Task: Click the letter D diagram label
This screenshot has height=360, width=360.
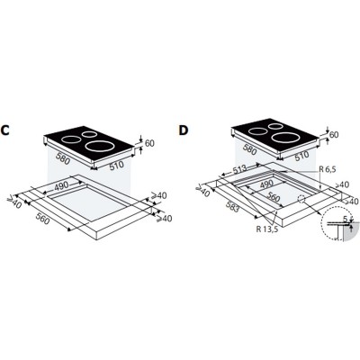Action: [183, 130]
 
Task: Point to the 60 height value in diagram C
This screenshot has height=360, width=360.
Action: [149, 143]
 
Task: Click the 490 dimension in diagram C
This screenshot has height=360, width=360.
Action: [61, 187]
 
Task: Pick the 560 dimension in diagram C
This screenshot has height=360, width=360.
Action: [42, 218]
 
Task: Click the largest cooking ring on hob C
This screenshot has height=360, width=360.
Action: [100, 147]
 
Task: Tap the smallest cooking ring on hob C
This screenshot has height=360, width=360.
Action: [89, 134]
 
